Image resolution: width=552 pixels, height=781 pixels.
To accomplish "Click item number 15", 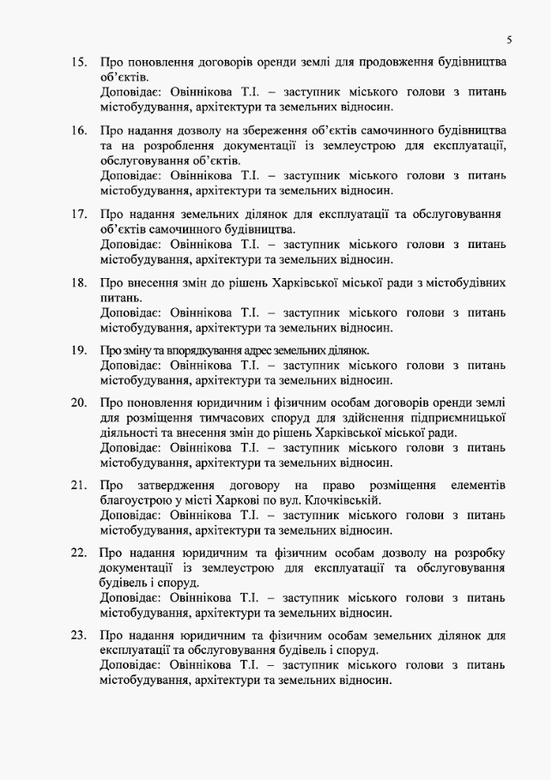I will point(78,63).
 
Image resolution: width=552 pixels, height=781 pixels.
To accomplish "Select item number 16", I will point(78,130).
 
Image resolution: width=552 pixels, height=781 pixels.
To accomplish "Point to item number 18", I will point(78,282).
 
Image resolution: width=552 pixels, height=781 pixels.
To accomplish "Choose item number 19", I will point(78,350).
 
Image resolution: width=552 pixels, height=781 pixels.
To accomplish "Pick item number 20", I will point(78,402).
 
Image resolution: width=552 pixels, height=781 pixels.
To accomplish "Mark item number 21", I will point(78,486).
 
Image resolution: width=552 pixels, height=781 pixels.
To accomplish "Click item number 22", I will point(78,553).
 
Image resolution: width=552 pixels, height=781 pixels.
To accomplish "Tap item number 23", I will point(78,635).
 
